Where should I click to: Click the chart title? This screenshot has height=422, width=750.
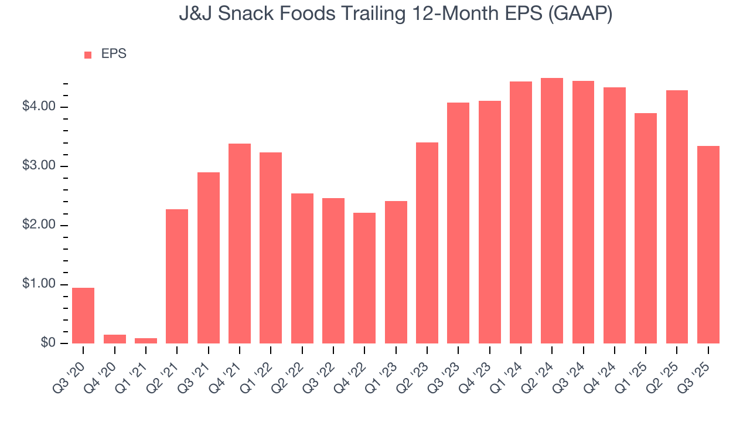point(396,14)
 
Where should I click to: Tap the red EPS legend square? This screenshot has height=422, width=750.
point(88,55)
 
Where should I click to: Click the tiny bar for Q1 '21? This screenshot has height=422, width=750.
point(146,341)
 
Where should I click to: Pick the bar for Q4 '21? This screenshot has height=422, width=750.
point(240,243)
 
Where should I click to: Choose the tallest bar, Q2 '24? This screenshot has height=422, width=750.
point(552,211)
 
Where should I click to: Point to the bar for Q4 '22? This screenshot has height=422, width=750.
point(364,278)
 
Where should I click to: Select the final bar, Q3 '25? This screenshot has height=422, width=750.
point(708,244)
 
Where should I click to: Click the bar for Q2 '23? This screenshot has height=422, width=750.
point(427,243)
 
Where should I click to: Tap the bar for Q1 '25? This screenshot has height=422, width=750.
point(646,228)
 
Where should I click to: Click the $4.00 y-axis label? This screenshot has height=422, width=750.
point(39,107)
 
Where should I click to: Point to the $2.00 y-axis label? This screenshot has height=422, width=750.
point(39,225)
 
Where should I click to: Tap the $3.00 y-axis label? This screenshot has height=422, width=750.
point(39,166)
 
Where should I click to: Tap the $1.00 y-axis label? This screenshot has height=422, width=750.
point(39,284)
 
